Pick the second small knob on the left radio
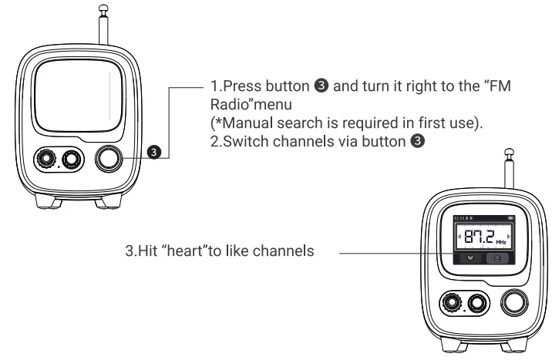pyautogui.click(x=72, y=160)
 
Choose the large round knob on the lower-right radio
pyautogui.click(x=515, y=302)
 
